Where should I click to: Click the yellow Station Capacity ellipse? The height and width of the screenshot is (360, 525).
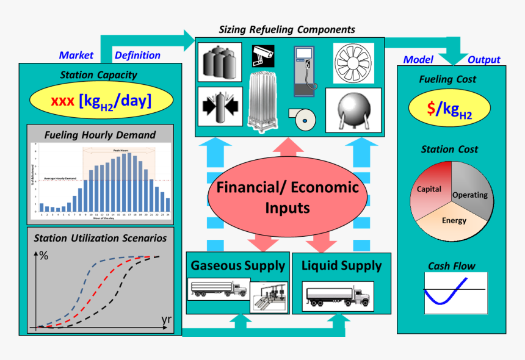pyautogui.click(x=101, y=100)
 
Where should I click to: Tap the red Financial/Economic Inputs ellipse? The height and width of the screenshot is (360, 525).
pyautogui.click(x=288, y=196)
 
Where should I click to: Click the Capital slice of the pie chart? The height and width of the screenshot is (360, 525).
pyautogui.click(x=430, y=189)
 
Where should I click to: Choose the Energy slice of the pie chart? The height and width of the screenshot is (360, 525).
pyautogui.click(x=454, y=220)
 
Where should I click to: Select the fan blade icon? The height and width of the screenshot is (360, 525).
pyautogui.click(x=353, y=63)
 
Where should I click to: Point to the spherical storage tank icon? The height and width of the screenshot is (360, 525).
pyautogui.click(x=353, y=110)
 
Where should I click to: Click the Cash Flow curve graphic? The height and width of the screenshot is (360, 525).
pyautogui.click(x=455, y=292)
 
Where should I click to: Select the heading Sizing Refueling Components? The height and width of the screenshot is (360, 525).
pyautogui.click(x=287, y=29)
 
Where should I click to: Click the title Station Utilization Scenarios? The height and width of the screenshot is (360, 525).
pyautogui.click(x=101, y=238)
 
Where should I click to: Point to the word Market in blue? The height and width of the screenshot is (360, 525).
pyautogui.click(x=76, y=55)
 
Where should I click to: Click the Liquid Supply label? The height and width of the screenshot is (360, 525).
pyautogui.click(x=341, y=265)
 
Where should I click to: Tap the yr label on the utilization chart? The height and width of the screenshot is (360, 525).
pyautogui.click(x=166, y=320)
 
